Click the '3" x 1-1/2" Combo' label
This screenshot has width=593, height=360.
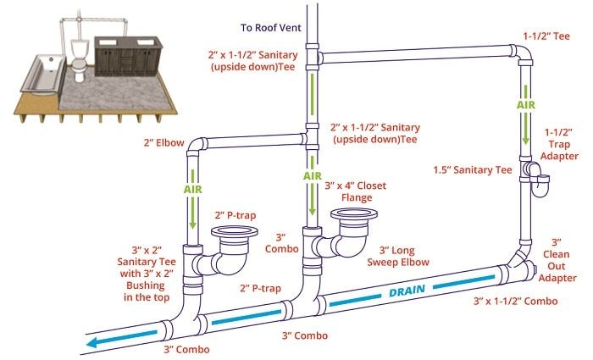point(521,301)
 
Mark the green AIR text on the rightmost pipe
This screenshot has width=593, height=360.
point(526,104)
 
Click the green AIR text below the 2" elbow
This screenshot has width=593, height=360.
point(193,190)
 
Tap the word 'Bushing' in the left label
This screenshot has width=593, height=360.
point(148,285)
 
